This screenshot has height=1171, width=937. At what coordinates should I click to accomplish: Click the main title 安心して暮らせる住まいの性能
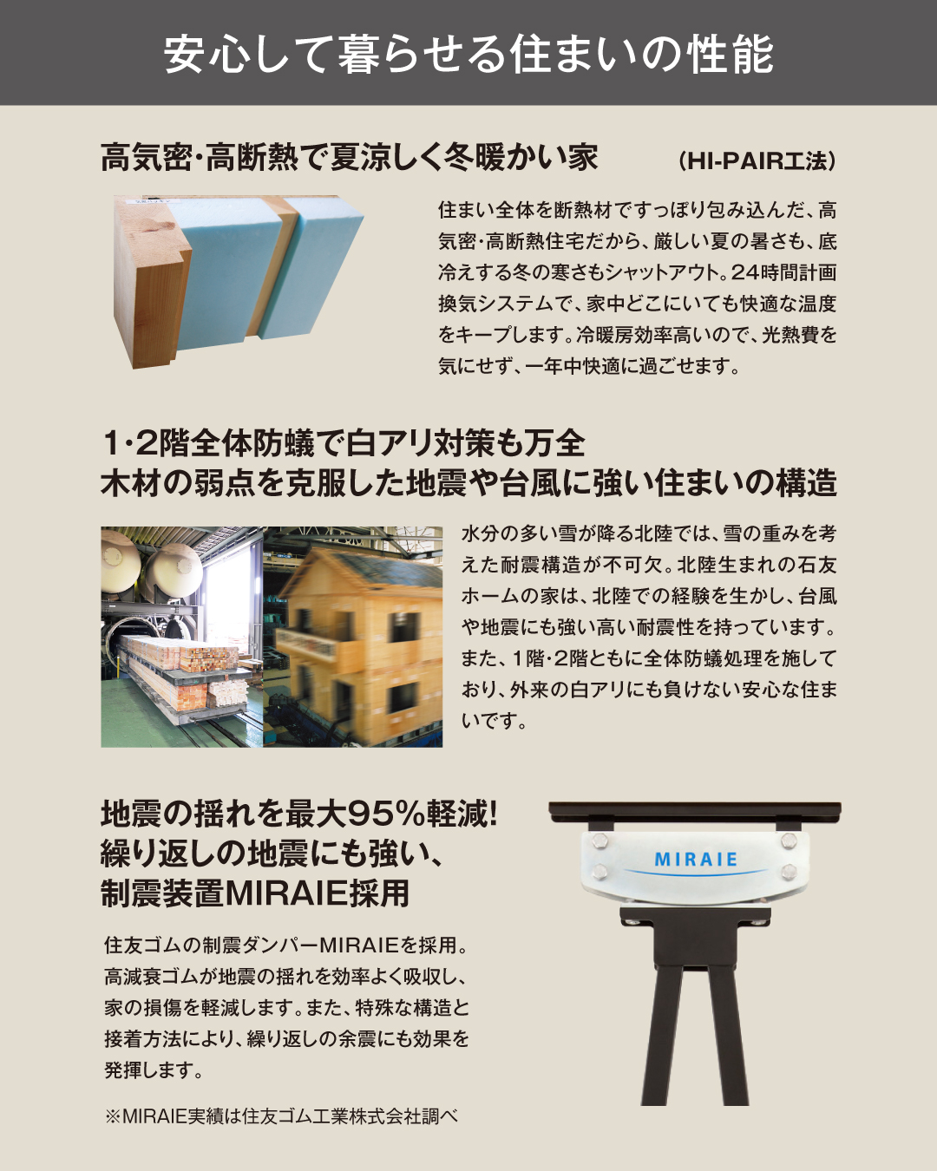[x=468, y=55]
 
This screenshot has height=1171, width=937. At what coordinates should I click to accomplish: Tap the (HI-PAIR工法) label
[x=757, y=161]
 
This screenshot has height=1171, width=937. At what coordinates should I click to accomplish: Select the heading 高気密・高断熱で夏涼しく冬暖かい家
[x=350, y=158]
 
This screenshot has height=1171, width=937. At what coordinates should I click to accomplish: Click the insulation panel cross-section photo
[x=239, y=281]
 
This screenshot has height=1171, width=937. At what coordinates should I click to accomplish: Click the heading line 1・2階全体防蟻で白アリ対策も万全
[x=343, y=443]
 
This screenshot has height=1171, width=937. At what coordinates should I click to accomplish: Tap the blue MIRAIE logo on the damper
[x=696, y=860]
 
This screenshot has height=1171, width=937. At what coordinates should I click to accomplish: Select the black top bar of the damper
[x=695, y=811]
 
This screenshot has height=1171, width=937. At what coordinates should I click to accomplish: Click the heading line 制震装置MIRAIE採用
[x=255, y=893]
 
